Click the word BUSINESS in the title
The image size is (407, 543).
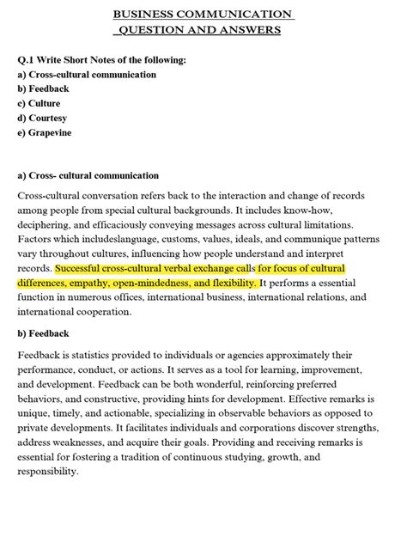pos(147,15)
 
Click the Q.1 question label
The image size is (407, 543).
pos(27,61)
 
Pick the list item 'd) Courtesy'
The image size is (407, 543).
pos(42,118)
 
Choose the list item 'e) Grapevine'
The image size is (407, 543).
pos(45,132)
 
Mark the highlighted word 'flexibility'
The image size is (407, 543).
pos(229,283)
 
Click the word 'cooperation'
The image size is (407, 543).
pos(105,312)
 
